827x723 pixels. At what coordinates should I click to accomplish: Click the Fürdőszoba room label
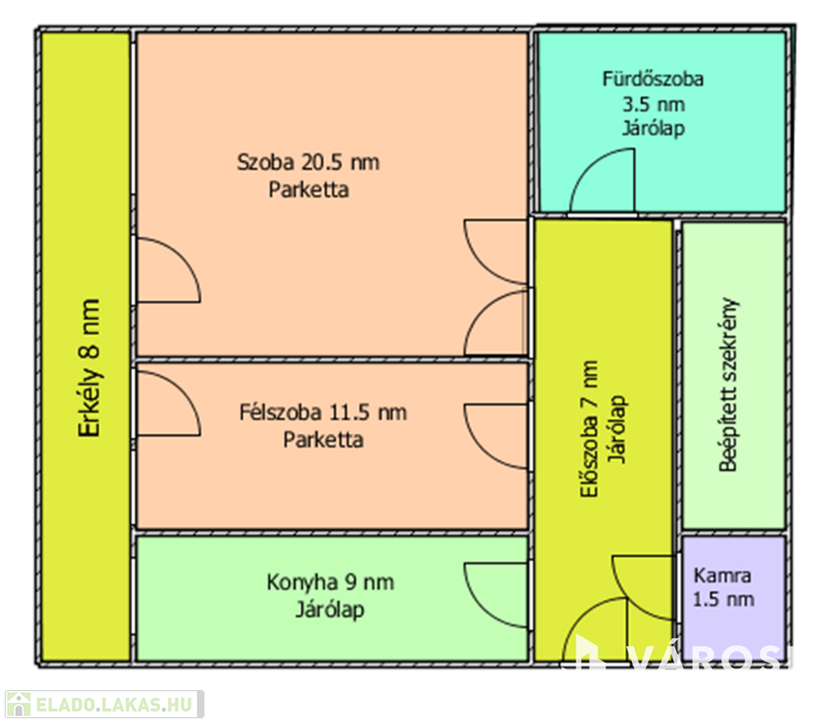coord(653,79)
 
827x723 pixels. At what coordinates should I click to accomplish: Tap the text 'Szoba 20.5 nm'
coord(308,162)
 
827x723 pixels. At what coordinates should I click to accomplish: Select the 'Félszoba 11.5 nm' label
coord(324,412)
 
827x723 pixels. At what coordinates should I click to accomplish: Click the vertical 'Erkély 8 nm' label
coord(89,369)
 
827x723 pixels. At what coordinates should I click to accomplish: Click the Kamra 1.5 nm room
coord(722,586)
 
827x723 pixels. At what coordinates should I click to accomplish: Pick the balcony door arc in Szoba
coord(170,270)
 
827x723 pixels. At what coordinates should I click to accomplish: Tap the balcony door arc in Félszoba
coord(170,402)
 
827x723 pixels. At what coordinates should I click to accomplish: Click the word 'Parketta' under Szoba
coord(308,189)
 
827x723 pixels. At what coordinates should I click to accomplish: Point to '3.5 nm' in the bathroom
coord(653,104)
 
